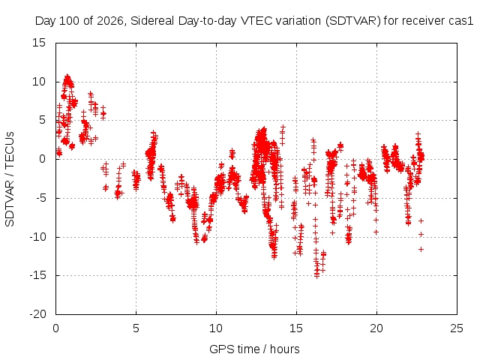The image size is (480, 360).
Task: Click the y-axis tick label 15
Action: pyautogui.click(x=39, y=43)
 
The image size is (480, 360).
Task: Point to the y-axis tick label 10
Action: pyautogui.click(x=39, y=82)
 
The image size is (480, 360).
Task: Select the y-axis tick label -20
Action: pyautogui.click(x=37, y=314)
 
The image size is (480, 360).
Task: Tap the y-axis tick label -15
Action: pyautogui.click(x=37, y=275)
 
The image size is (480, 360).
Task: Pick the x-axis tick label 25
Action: pyautogui.click(x=457, y=328)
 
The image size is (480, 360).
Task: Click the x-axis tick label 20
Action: pyautogui.click(x=376, y=328)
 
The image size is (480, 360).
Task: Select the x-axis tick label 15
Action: pyautogui.click(x=296, y=328)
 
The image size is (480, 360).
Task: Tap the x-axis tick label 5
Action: pyautogui.click(x=136, y=328)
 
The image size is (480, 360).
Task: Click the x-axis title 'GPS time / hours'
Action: pyautogui.click(x=254, y=349)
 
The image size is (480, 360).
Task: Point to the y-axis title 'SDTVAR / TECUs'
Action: pyautogui.click(x=10, y=179)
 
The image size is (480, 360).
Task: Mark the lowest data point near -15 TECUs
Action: pyautogui.click(x=316, y=276)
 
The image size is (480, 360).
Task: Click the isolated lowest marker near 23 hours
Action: pyautogui.click(x=421, y=250)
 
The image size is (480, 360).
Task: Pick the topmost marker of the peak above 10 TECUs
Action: pyautogui.click(x=67, y=76)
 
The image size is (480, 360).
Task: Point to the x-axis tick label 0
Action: pyautogui.click(x=55, y=328)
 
